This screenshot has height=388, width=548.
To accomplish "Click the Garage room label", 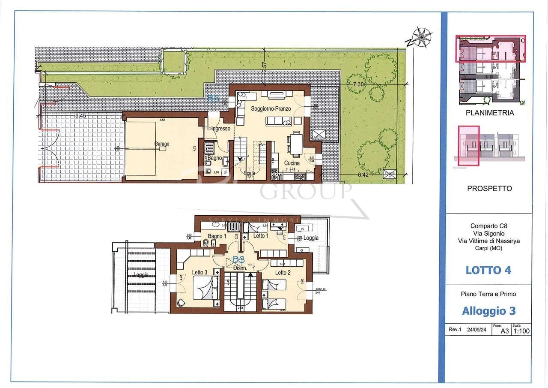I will coord(161,144).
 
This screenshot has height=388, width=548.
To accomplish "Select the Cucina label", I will coord(292,163).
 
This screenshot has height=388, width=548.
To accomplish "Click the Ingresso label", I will coord(220,129).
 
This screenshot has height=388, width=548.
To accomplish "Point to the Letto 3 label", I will coord(200,272).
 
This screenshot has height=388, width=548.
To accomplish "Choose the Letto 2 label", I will coord(283,273).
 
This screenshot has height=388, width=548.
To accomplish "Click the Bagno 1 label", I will coord(217,236).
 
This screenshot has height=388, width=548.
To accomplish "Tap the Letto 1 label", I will coord(261,236).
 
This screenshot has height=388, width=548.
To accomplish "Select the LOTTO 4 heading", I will coord(488,270).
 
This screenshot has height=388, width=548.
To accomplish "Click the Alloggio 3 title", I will coord(488,310).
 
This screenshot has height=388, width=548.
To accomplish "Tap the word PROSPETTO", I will coord(489,189).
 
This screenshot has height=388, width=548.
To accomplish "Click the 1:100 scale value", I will coord(521,331).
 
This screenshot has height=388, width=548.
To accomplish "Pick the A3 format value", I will coord(505,331).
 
